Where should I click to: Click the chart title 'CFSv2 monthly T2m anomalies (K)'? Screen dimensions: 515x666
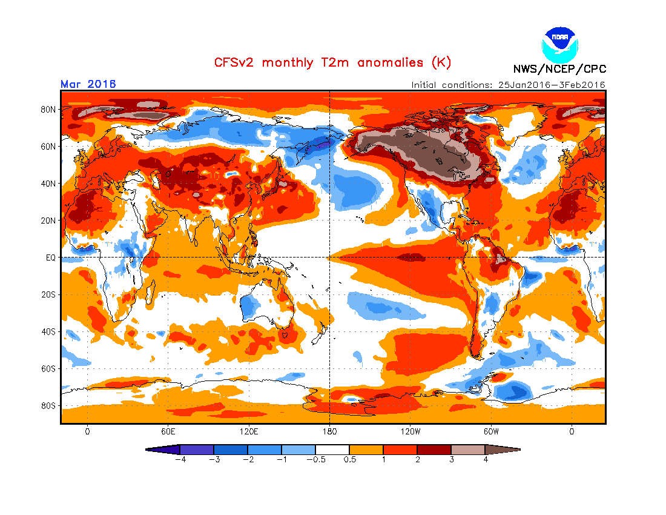[332, 62]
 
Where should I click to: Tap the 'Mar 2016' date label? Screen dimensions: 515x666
[88, 84]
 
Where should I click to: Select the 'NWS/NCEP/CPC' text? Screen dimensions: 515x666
[559, 68]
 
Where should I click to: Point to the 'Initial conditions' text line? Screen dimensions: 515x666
[508, 85]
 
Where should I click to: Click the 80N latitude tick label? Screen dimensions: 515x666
[48, 110]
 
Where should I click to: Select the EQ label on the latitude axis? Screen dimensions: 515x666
[50, 257]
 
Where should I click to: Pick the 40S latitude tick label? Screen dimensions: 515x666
[48, 331]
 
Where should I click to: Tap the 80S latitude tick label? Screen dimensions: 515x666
[48, 405]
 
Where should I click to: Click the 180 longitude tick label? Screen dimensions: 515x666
[329, 432]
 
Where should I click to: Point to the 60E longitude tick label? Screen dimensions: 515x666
[168, 432]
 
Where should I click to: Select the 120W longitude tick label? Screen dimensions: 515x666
[410, 432]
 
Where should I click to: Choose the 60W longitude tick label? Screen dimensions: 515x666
[491, 432]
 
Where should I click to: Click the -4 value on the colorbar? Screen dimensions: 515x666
[179, 459]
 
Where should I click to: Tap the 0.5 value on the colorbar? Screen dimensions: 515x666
[349, 459]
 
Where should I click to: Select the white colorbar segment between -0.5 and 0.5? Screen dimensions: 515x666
[332, 450]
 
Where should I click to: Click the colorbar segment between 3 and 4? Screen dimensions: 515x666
[468, 450]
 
